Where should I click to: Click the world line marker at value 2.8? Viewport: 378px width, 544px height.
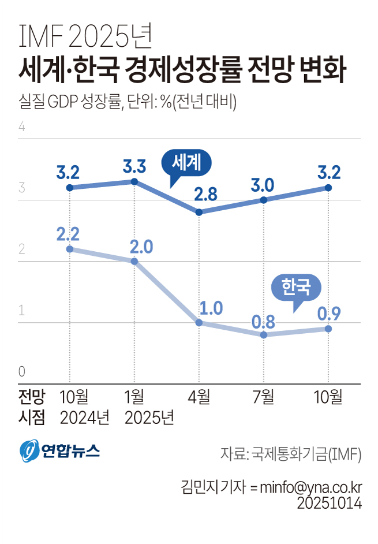coord(199,213)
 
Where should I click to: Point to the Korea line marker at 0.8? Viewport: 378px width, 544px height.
coord(264,335)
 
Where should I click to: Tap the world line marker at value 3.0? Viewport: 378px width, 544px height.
coord(264,200)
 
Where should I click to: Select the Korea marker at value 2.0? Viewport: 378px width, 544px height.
coord(134,261)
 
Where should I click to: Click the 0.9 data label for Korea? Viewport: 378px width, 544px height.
coord(328,314)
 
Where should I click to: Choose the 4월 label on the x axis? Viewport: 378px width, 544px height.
coord(199,397)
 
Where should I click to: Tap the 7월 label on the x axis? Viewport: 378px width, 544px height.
coord(264,397)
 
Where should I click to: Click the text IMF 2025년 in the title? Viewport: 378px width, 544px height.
coord(85,38)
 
